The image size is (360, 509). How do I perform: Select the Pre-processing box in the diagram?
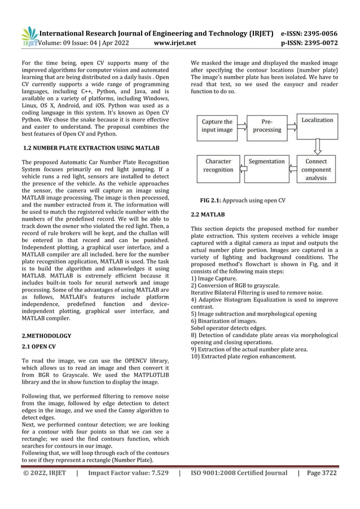pyautogui.click(x=267, y=126)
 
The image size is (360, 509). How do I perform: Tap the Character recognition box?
pyautogui.click(x=218, y=165)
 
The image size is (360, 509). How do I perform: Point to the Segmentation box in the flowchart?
pyautogui.click(x=267, y=162)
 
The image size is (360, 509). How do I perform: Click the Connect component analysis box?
pyautogui.click(x=316, y=170)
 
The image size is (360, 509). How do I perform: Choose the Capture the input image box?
pyautogui.click(x=217, y=126)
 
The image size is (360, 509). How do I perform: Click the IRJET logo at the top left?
pyautogui.click(x=29, y=36)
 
